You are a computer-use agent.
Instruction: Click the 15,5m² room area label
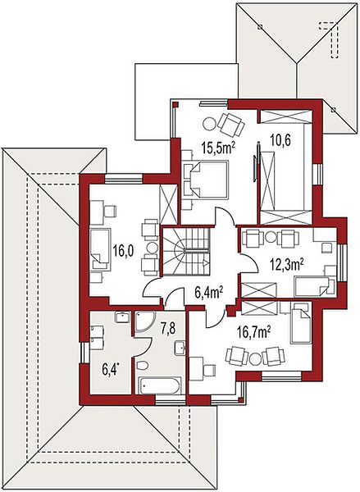(219, 148)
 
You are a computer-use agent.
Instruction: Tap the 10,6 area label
(280, 140)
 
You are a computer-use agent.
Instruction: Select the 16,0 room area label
(123, 252)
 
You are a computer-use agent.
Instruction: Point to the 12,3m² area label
(286, 265)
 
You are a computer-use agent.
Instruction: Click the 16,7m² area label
(254, 333)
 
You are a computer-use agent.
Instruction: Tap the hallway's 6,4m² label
(209, 293)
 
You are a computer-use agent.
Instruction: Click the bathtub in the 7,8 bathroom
(160, 385)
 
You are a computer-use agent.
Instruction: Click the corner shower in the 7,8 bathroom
(144, 321)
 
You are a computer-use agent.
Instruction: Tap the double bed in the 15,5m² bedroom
(205, 179)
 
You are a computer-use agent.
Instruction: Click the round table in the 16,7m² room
(255, 358)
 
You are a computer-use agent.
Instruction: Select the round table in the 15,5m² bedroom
(209, 123)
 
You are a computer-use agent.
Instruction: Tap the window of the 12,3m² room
(342, 263)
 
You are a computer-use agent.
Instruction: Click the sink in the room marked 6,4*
(122, 317)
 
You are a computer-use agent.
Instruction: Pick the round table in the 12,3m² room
(271, 237)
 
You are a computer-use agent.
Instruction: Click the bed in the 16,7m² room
(301, 323)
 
